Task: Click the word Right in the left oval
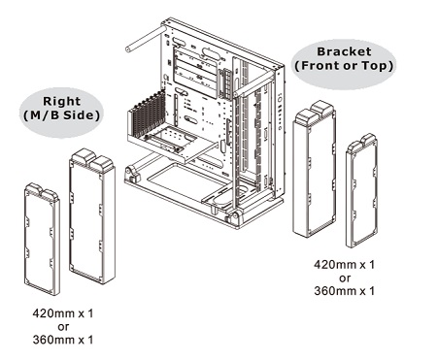click(61, 101)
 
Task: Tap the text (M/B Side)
click(61, 115)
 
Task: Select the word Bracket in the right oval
click(344, 51)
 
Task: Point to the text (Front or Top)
click(344, 66)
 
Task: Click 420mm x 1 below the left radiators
click(63, 313)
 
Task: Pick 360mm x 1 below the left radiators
click(63, 340)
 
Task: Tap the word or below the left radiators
click(63, 327)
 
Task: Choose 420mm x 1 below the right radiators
click(344, 265)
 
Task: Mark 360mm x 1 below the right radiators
click(344, 291)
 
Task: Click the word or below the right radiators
click(345, 278)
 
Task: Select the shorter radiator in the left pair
click(42, 239)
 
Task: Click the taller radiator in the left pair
click(92, 216)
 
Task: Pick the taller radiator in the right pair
click(314, 169)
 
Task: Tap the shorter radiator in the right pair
click(361, 190)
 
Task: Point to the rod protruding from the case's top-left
click(145, 40)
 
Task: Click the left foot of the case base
click(133, 174)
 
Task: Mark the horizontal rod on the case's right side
click(255, 83)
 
